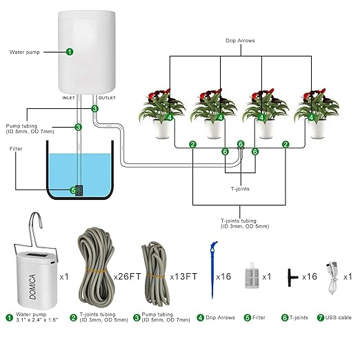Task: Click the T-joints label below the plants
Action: tap(241, 187)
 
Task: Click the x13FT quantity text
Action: tap(183, 276)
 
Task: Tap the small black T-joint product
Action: tap(294, 276)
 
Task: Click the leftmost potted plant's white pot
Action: tap(162, 130)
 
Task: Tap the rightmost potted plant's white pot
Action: tap(317, 130)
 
